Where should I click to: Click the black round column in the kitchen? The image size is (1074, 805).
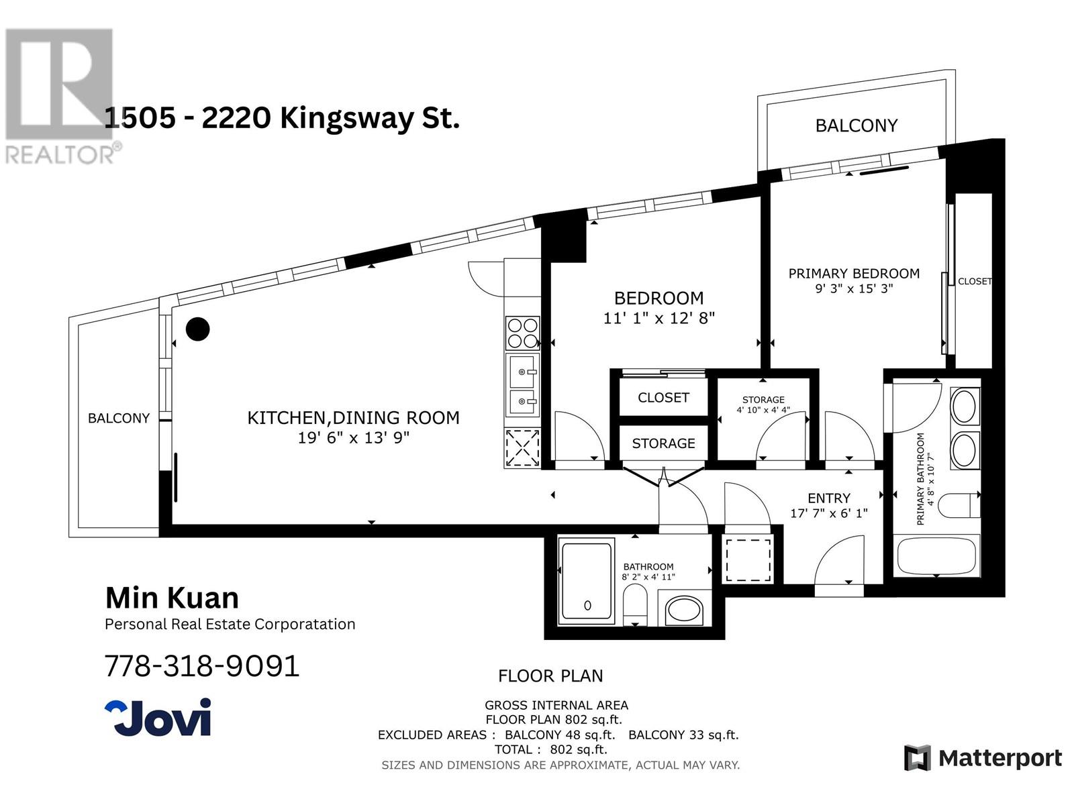pos(197,329)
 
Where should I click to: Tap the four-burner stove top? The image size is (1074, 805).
pos(522,333)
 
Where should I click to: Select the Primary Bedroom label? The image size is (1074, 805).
pos(853,274)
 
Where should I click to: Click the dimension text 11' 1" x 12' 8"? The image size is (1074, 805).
pos(658,318)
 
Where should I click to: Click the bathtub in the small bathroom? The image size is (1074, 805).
pos(587,581)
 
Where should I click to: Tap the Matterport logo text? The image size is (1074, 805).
pos(999,758)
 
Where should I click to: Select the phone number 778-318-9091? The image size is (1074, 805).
pos(202,666)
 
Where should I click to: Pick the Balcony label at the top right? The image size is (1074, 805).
pos(856,125)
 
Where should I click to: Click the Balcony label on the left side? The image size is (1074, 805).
pos(119,418)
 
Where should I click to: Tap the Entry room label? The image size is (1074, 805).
pos(829,498)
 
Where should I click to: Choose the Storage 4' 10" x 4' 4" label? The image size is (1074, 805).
pos(763,405)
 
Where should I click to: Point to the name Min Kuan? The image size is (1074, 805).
pos(173,598)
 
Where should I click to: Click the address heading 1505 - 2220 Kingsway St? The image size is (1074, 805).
pos(282,119)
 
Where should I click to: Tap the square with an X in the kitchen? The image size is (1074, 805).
pos(522,447)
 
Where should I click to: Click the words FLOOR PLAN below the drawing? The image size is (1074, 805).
pos(550,676)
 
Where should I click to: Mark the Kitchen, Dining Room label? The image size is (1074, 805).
pos(353,418)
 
